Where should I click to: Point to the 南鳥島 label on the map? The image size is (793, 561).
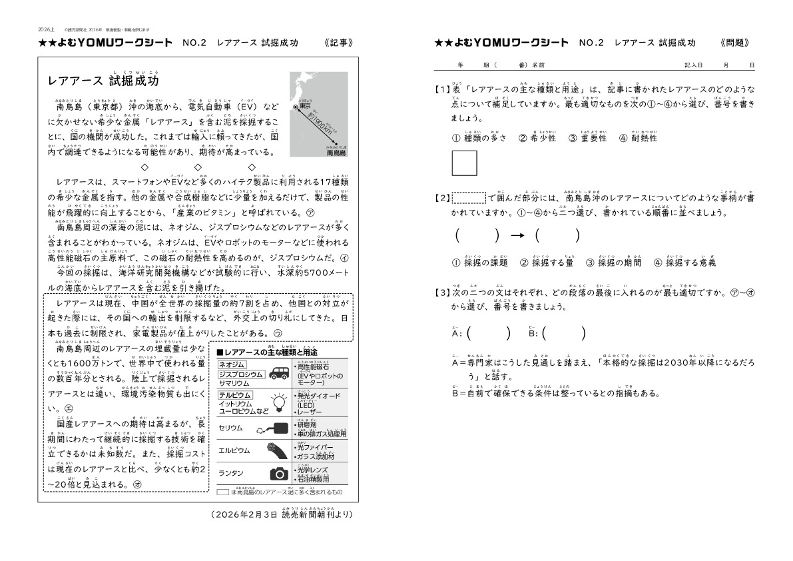point(336,153)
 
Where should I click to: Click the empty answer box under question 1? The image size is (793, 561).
point(464,163)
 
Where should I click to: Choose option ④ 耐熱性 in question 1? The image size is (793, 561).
point(638,138)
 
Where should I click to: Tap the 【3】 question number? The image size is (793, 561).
point(442,292)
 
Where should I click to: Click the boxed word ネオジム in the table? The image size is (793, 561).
point(232,364)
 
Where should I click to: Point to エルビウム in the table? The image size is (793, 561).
point(234,450)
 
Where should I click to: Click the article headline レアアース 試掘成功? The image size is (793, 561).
point(103,81)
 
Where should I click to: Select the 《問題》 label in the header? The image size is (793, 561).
point(735,43)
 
